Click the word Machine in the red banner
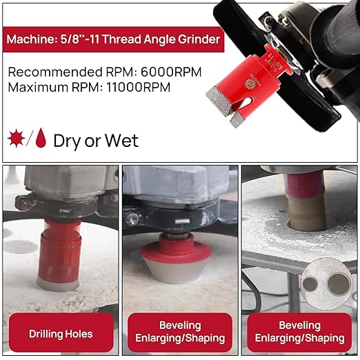[30, 39]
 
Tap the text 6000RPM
[171, 72]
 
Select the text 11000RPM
[139, 88]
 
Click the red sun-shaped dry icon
[16, 138]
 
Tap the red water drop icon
[41, 138]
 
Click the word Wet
[122, 141]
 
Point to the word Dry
[67, 141]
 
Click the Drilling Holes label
[61, 334]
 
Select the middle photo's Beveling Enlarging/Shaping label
[180, 332]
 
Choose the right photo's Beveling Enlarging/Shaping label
[300, 332]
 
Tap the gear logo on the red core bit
[249, 83]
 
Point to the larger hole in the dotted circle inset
[339, 284]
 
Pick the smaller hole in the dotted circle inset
[310, 284]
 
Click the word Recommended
[55, 72]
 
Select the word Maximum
[39, 88]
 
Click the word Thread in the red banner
[121, 39]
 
